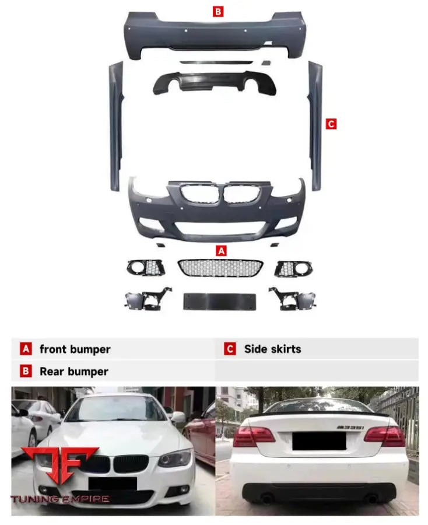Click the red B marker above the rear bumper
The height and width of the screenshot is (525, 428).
(x=217, y=10)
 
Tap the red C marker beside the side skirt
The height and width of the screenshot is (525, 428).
(x=331, y=124)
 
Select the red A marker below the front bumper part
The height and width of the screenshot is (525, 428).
(x=221, y=251)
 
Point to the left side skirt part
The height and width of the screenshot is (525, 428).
(x=115, y=125)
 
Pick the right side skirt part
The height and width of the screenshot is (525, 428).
(x=315, y=125)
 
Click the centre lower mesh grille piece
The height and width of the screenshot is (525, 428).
(x=220, y=268)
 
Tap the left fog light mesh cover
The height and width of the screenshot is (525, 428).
(x=146, y=268)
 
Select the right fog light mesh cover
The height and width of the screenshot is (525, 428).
(x=294, y=268)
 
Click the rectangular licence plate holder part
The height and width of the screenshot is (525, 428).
(x=220, y=301)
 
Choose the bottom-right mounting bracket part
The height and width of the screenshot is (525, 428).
(x=291, y=298)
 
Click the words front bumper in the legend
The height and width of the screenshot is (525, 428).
(x=75, y=349)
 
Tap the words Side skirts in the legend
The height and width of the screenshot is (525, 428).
(x=272, y=349)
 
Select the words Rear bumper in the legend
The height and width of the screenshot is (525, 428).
(x=73, y=372)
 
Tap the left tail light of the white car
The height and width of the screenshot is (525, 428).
(x=254, y=435)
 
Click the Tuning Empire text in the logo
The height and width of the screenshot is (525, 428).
(x=60, y=499)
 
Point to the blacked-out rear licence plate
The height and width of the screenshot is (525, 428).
(x=318, y=442)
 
